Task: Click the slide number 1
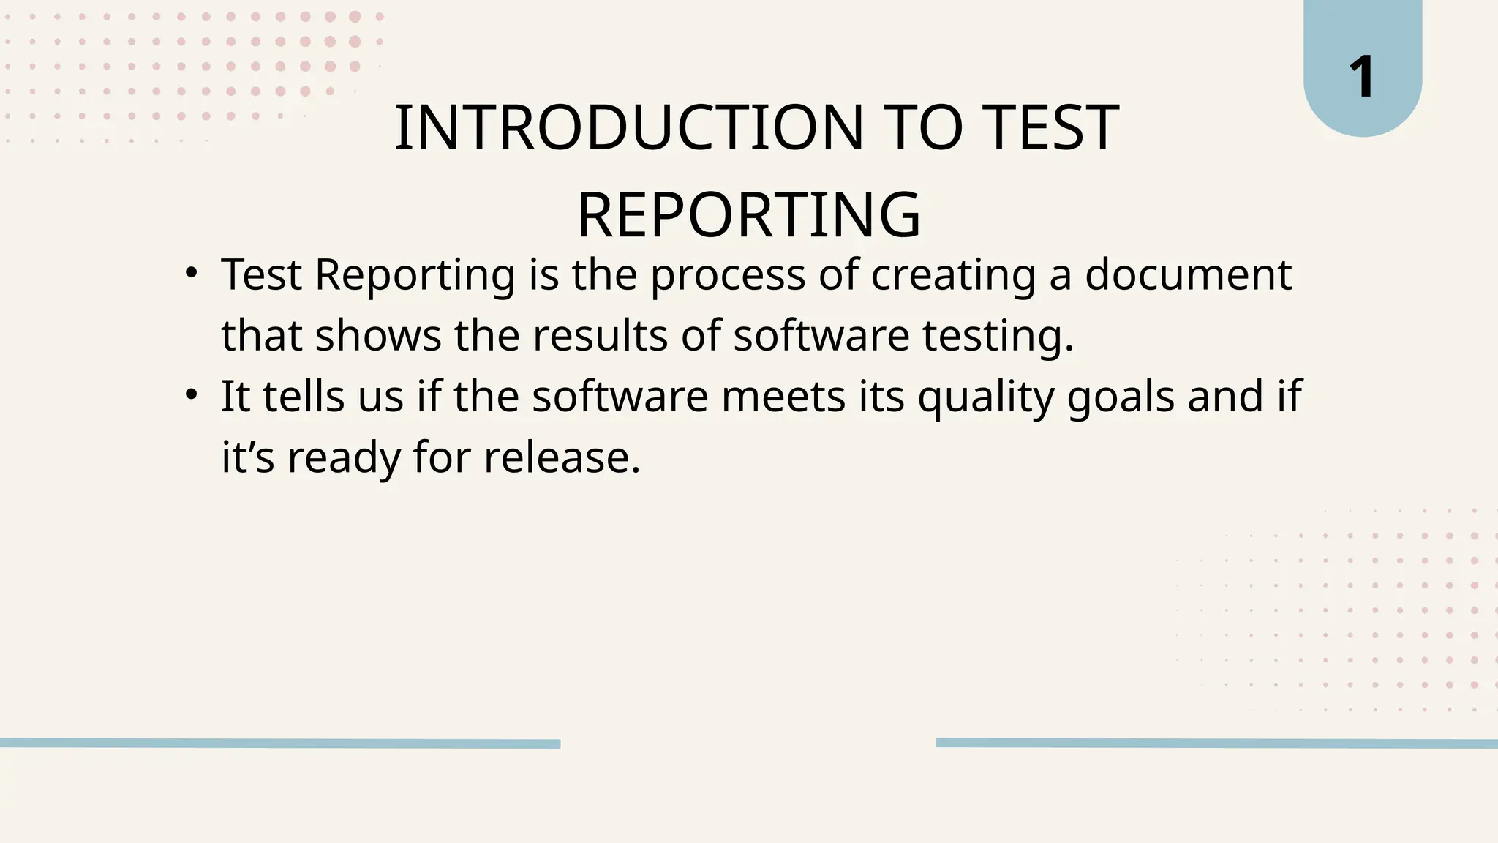click(1362, 77)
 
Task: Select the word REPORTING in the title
click(748, 215)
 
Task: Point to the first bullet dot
click(192, 274)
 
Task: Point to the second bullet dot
click(192, 395)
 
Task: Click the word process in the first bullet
click(728, 276)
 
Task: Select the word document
click(1188, 274)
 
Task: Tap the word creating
click(953, 276)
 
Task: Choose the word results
click(600, 336)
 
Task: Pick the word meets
click(783, 396)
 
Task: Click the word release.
click(562, 457)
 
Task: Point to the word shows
click(378, 336)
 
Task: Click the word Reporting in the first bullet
click(415, 276)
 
